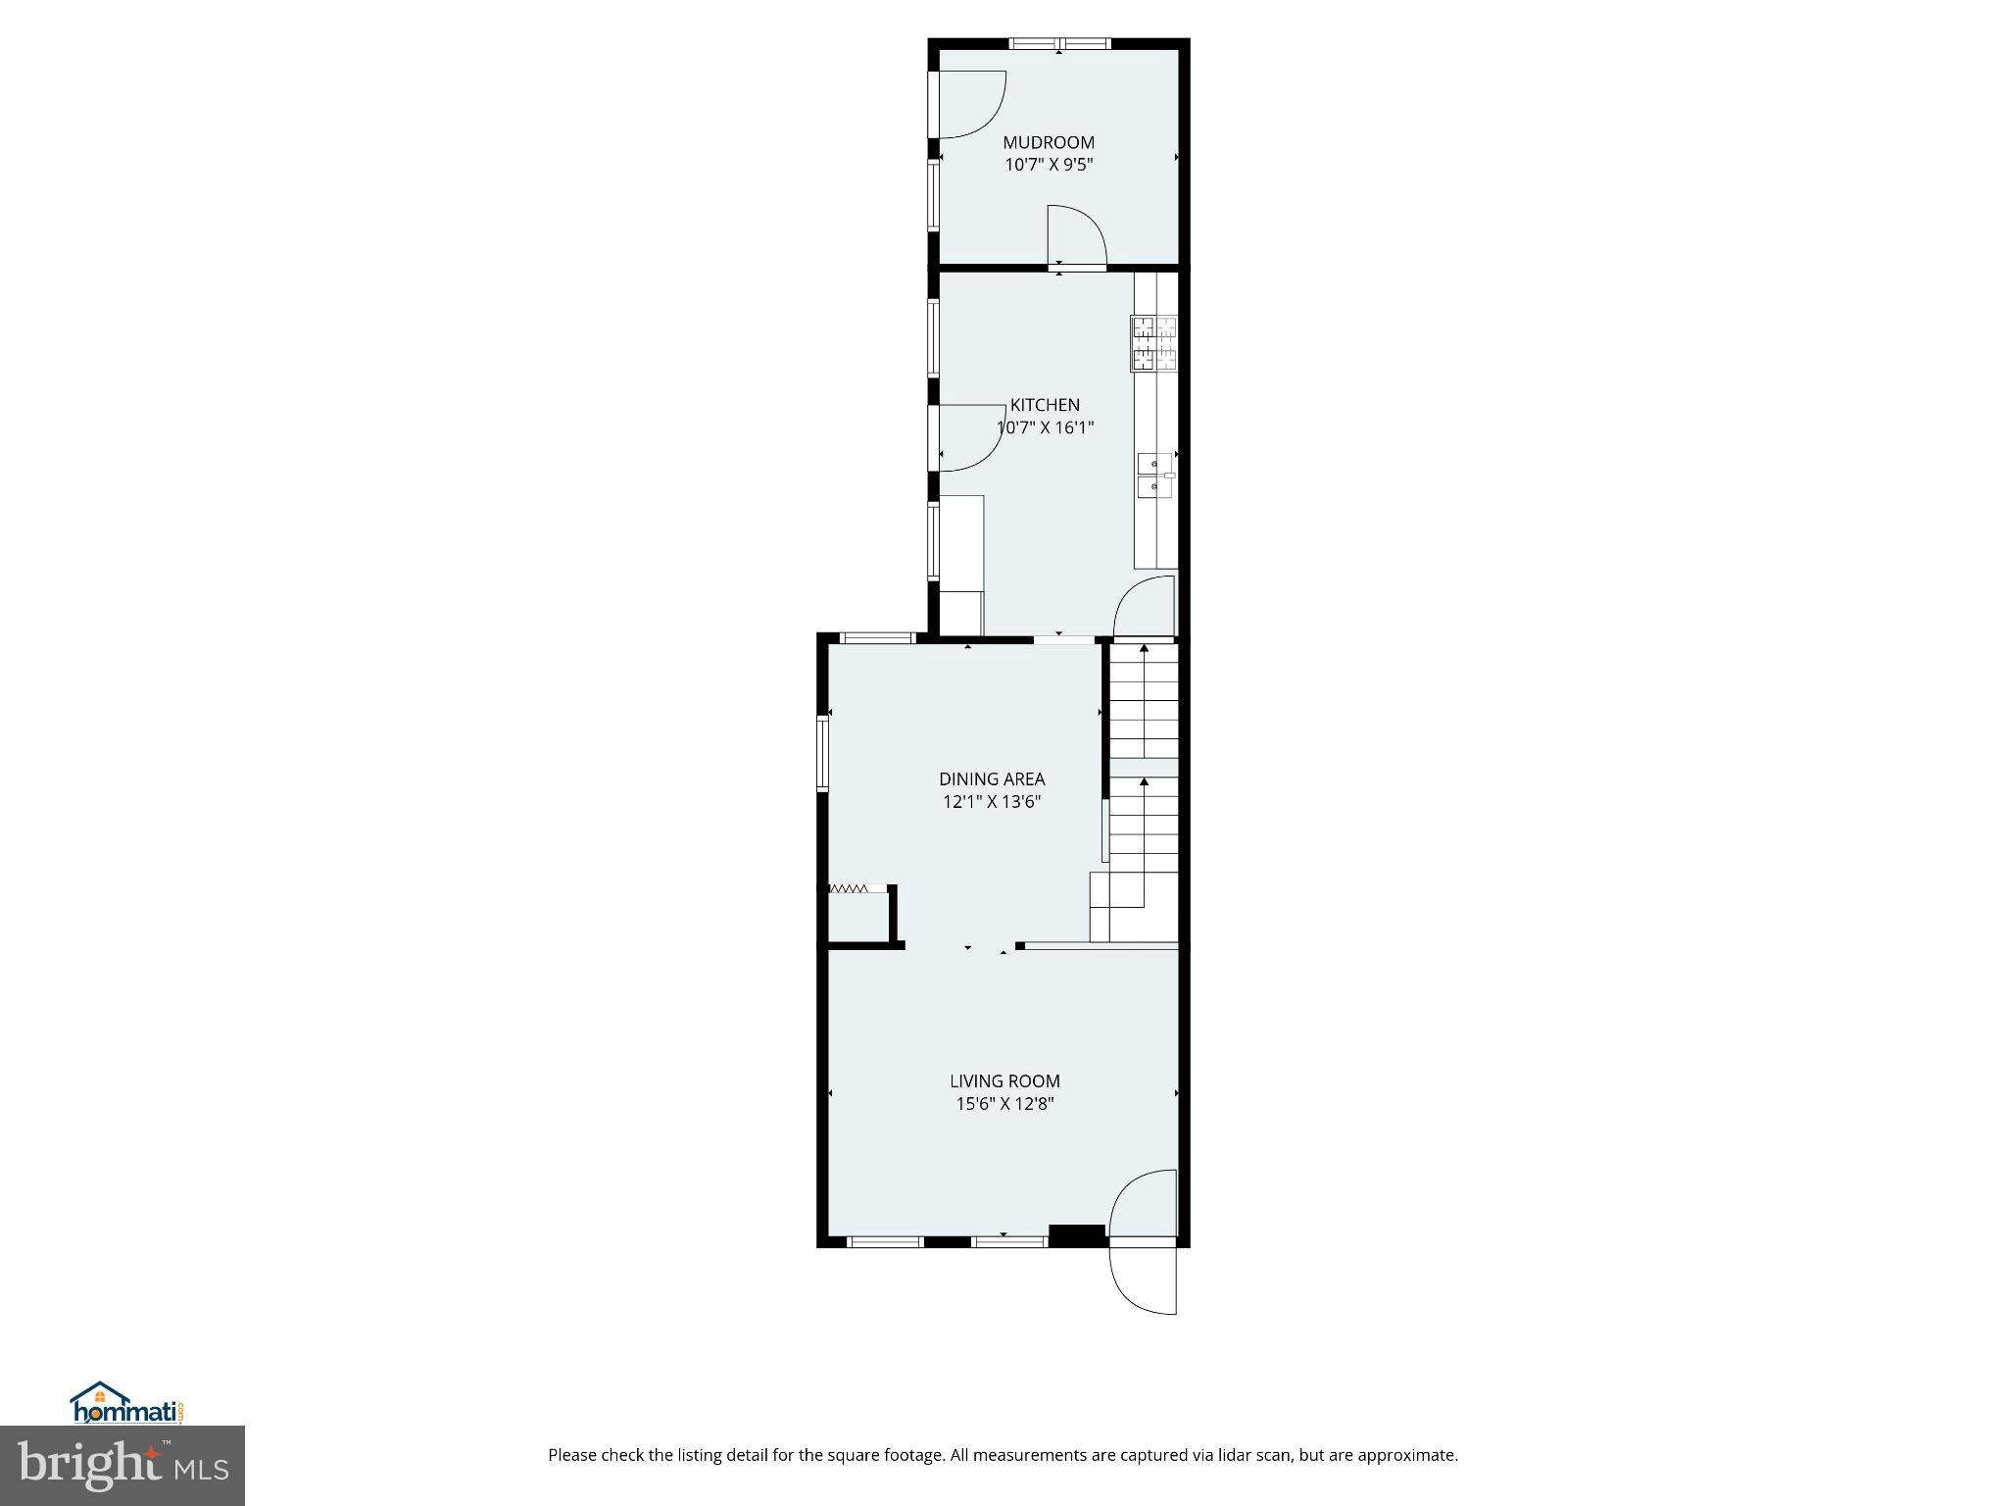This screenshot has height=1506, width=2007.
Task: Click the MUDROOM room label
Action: coord(1048,143)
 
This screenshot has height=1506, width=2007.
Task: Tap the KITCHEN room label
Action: coord(1045,405)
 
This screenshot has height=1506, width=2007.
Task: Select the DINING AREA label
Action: coord(992,779)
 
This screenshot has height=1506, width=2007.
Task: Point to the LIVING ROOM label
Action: coord(1004,1081)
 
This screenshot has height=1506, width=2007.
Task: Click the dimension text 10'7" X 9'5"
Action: coord(1048,166)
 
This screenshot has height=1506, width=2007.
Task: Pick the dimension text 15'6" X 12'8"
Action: coord(1004,1104)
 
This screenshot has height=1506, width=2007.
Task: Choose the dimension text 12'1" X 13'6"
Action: coord(992,802)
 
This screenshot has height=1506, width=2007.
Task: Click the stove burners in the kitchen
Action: coord(1154,344)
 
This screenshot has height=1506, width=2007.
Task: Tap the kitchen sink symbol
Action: coord(1155,476)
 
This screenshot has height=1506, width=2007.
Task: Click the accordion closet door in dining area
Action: coord(848,889)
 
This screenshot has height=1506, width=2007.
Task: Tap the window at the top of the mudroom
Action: coord(1059,44)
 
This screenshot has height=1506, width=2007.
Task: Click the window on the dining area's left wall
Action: coord(823,753)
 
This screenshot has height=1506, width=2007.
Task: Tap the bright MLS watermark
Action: coord(122,1466)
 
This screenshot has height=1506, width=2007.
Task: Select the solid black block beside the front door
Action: coord(1077,1235)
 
